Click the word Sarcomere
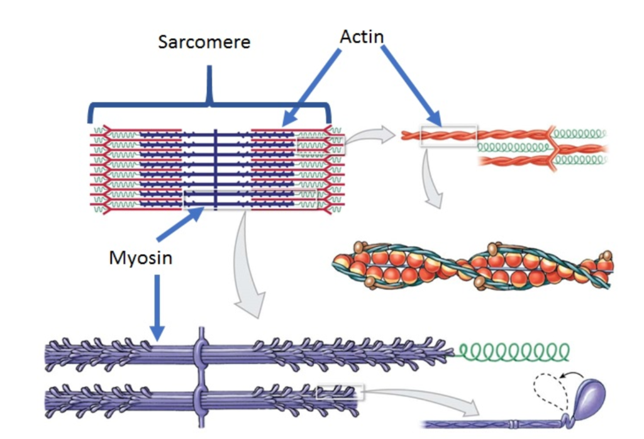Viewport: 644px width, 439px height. [x=204, y=43]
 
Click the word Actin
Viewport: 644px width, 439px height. [x=362, y=36]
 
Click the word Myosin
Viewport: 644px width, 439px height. [x=140, y=257]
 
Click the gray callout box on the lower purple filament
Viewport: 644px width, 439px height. [x=340, y=392]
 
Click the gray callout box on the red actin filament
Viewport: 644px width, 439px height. [x=448, y=136]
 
